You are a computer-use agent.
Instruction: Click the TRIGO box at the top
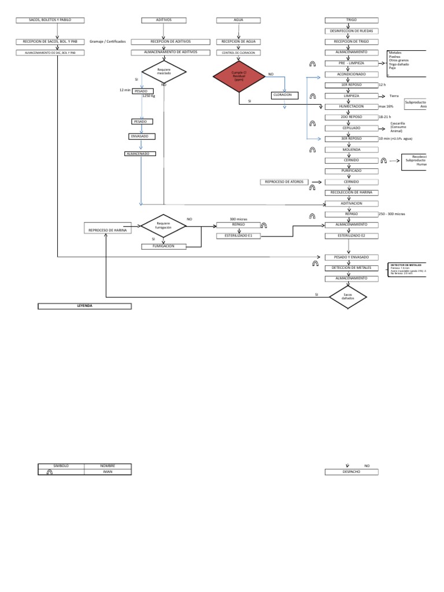click(351, 20)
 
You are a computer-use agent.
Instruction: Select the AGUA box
click(238, 20)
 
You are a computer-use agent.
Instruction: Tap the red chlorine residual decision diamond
click(239, 78)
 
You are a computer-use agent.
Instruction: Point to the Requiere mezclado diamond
click(164, 72)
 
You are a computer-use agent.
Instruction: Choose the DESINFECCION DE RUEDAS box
click(351, 31)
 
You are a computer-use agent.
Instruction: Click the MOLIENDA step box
click(351, 149)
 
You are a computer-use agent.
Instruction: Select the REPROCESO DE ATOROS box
click(284, 182)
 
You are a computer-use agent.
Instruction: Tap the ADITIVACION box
click(351, 203)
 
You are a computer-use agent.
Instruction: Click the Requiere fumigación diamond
click(164, 227)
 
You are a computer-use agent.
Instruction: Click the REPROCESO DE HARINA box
click(108, 230)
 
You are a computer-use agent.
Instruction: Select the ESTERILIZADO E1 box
click(238, 236)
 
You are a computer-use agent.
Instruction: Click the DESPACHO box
click(351, 472)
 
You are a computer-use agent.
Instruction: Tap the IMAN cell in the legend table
click(108, 472)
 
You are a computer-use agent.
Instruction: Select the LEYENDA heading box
click(84, 306)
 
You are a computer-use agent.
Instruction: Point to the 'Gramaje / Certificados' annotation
click(108, 42)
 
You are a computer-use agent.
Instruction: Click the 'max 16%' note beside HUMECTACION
click(386, 107)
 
